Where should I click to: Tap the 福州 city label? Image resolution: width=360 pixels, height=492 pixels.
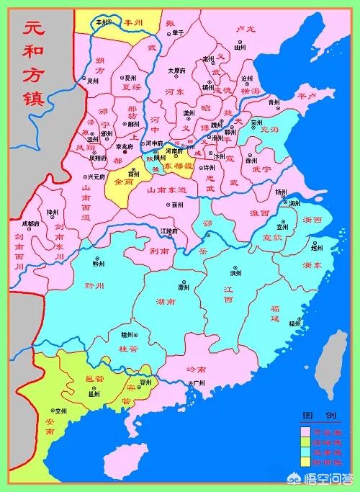(294, 323)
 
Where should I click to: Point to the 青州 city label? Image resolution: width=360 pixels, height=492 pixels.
(273, 102)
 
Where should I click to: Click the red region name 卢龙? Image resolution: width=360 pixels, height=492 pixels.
(246, 28)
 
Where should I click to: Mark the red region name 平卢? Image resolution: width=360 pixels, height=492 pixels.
(307, 95)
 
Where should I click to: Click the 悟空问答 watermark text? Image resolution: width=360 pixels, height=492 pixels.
(330, 476)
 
